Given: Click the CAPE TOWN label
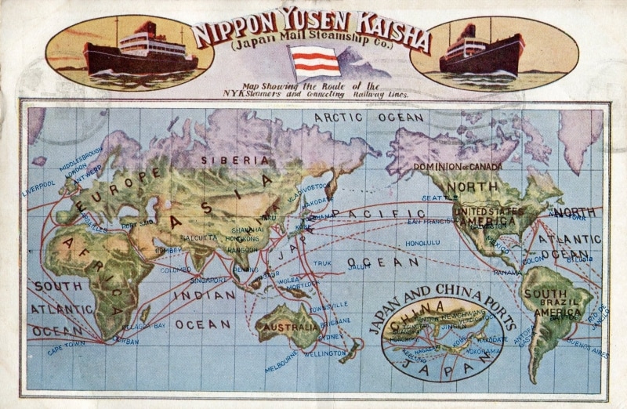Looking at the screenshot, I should pyautogui.click(x=67, y=347).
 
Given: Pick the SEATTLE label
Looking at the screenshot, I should pyautogui.click(x=438, y=197).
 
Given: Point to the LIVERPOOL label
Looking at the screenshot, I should pyautogui.click(x=38, y=188).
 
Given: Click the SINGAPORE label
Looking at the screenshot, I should pyautogui.click(x=209, y=279).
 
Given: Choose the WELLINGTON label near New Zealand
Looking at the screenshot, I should pyautogui.click(x=325, y=354).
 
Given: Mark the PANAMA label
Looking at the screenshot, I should pyautogui.click(x=508, y=272).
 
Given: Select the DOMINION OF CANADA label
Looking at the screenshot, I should pyautogui.click(x=458, y=167).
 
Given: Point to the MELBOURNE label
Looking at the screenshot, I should pyautogui.click(x=281, y=357).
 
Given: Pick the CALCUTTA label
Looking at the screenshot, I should pyautogui.click(x=198, y=236).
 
